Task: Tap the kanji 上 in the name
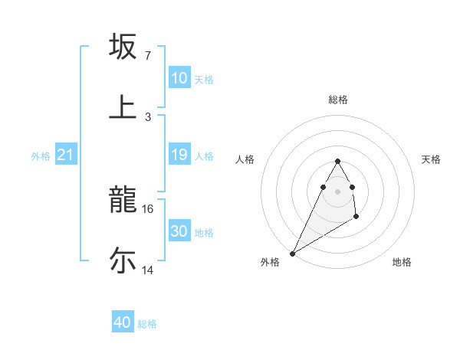123,106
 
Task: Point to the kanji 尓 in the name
123,260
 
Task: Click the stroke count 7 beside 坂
148,56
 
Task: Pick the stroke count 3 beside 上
148,116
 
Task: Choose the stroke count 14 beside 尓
148,270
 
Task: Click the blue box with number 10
179,78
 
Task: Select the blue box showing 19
179,155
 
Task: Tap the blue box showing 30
179,231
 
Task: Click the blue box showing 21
66,155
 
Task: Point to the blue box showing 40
123,322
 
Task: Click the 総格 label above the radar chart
338,100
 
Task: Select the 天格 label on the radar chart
431,159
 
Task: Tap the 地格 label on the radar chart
402,262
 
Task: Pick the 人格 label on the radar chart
245,159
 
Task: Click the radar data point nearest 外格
292,253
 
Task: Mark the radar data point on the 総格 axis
337,161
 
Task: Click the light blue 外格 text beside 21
41,156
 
